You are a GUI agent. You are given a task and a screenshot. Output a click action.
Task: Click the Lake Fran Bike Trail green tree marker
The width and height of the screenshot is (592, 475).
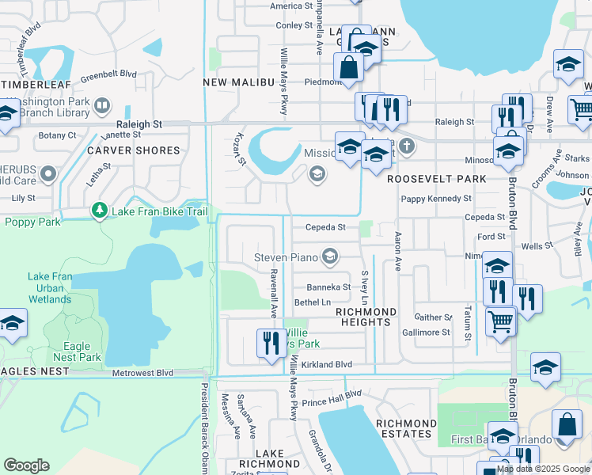[x=100, y=211]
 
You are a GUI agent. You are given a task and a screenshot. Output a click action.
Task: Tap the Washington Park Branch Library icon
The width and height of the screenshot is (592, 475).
[x=102, y=105]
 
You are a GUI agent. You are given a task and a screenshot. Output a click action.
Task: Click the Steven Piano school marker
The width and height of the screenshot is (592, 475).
[x=329, y=256]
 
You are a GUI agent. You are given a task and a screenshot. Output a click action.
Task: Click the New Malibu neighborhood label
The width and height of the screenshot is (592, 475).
[x=238, y=82]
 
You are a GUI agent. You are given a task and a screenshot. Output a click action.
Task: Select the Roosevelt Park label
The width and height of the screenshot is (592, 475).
[x=436, y=179]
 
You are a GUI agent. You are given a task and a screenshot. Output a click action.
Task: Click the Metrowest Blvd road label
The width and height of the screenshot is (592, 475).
[x=142, y=372]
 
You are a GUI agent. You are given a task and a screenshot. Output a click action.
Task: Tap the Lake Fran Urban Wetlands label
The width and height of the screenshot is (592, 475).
[x=60, y=287]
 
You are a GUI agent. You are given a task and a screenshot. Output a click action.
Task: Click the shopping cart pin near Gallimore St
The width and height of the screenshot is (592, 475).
[x=500, y=321]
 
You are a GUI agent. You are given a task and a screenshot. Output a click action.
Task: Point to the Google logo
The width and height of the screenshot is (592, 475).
[x=26, y=465]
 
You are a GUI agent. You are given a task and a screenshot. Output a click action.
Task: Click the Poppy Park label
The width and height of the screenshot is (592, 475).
[x=32, y=222]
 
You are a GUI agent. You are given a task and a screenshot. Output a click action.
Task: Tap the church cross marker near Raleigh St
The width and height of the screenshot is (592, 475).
[x=407, y=145]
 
